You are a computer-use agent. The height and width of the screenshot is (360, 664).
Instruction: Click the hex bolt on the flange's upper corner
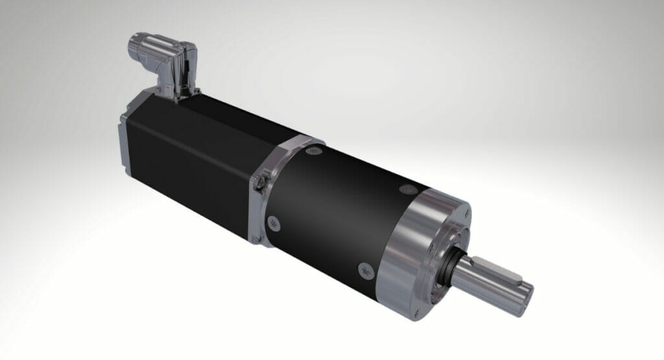[x=261, y=183]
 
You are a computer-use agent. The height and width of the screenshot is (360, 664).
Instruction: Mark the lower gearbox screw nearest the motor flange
[x=273, y=221]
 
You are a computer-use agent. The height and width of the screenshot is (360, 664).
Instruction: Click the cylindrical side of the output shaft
[x=483, y=285]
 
